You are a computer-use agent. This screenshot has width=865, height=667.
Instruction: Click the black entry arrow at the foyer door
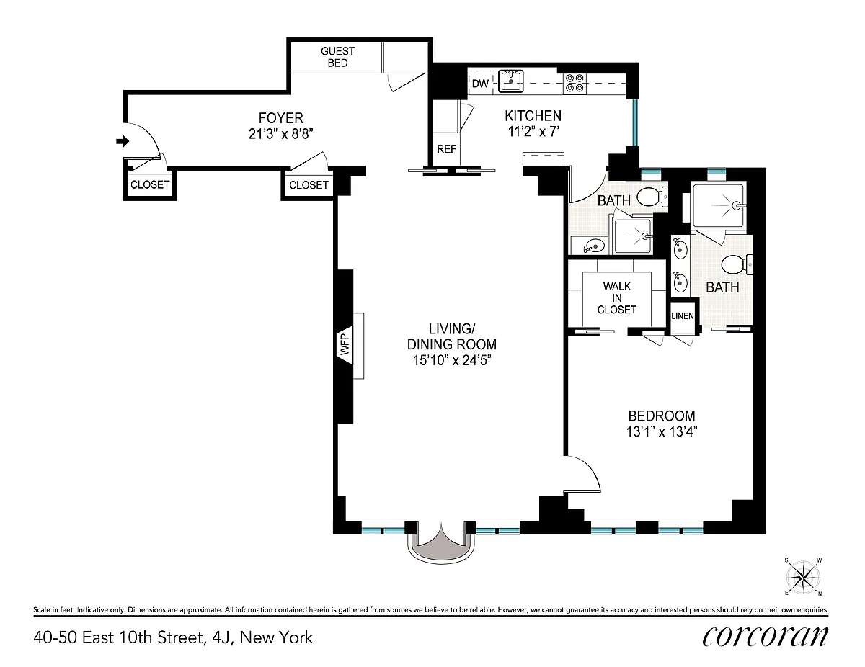pos(123,141)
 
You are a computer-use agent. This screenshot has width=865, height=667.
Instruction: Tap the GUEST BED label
pos(337,57)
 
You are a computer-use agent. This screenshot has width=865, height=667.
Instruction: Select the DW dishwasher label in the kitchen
pos(480,84)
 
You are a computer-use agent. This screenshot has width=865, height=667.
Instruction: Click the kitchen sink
pos(511,81)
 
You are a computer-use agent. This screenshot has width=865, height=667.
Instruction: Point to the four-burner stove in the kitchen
pos(575,83)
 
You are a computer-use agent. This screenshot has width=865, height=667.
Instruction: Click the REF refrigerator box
pos(446,149)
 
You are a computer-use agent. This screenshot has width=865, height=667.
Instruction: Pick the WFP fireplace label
pos(345,344)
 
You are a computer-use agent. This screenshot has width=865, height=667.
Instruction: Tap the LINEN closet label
pos(683,315)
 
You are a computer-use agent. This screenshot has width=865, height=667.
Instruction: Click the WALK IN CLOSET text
pos(616,298)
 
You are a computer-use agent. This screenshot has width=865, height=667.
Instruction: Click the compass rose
pos(803,577)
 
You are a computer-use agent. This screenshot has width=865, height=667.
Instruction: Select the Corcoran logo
pos(765,637)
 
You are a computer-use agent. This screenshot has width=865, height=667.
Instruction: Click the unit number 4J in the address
pos(220,638)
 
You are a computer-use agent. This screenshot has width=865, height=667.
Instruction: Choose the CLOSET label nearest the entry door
pos(150,184)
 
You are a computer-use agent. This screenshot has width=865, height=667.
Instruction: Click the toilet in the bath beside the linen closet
pos(737,264)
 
